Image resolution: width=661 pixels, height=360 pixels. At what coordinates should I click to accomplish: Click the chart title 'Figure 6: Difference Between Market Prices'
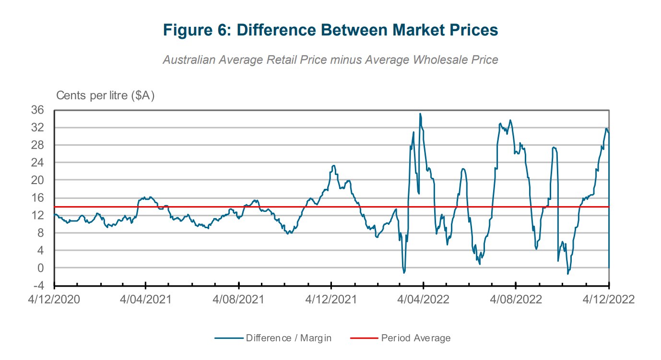coord(330,30)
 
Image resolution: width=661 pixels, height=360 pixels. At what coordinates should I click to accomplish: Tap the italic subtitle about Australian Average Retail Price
coord(330,60)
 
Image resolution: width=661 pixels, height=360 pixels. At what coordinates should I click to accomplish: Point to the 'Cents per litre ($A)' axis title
coord(106,95)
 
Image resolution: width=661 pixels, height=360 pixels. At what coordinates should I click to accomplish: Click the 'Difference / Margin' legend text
coord(289,338)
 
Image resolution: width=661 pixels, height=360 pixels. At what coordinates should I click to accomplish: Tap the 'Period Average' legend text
coord(416,338)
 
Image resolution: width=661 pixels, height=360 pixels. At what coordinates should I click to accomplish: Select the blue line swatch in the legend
coord(228,338)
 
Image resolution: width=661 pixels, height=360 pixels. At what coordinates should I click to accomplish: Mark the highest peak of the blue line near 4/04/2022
coord(420,114)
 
